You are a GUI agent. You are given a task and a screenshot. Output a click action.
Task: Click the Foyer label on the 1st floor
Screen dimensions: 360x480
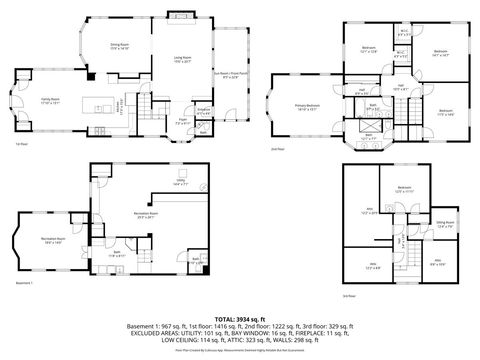coord(183,122)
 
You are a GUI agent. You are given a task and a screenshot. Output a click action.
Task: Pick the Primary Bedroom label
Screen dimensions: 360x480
coord(306,105)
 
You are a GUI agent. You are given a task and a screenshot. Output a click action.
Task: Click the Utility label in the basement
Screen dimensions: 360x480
coord(180,182)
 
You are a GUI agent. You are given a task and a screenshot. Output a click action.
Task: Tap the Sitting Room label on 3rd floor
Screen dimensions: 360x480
coord(444,224)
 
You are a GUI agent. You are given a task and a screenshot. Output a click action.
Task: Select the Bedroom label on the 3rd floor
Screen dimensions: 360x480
coord(404,189)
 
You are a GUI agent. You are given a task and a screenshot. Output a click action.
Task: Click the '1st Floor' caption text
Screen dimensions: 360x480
coord(21,144)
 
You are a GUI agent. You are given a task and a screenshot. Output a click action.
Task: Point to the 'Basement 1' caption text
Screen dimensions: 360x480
coord(25,283)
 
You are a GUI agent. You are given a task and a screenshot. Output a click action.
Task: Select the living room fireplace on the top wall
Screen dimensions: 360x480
coord(183,17)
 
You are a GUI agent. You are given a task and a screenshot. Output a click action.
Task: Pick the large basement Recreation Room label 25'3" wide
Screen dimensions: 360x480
coord(151,215)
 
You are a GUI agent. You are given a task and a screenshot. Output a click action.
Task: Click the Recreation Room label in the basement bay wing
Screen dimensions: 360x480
coord(54,239)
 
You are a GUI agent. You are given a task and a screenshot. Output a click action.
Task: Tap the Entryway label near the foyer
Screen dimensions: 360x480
coord(202,111)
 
